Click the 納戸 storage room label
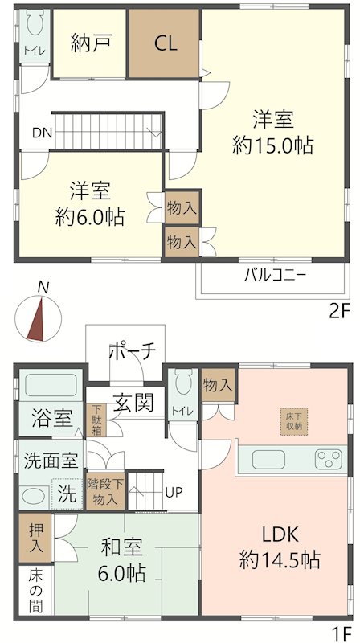coord(89,43)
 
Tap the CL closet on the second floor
coord(166,43)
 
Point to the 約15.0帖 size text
coord(272,146)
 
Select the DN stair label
coord(43,133)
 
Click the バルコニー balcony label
coord(275,276)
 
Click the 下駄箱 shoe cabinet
coord(96,420)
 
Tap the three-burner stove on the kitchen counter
coord(328,460)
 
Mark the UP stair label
coord(173,492)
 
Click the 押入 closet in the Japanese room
coord(37,536)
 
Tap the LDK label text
coord(280,534)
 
